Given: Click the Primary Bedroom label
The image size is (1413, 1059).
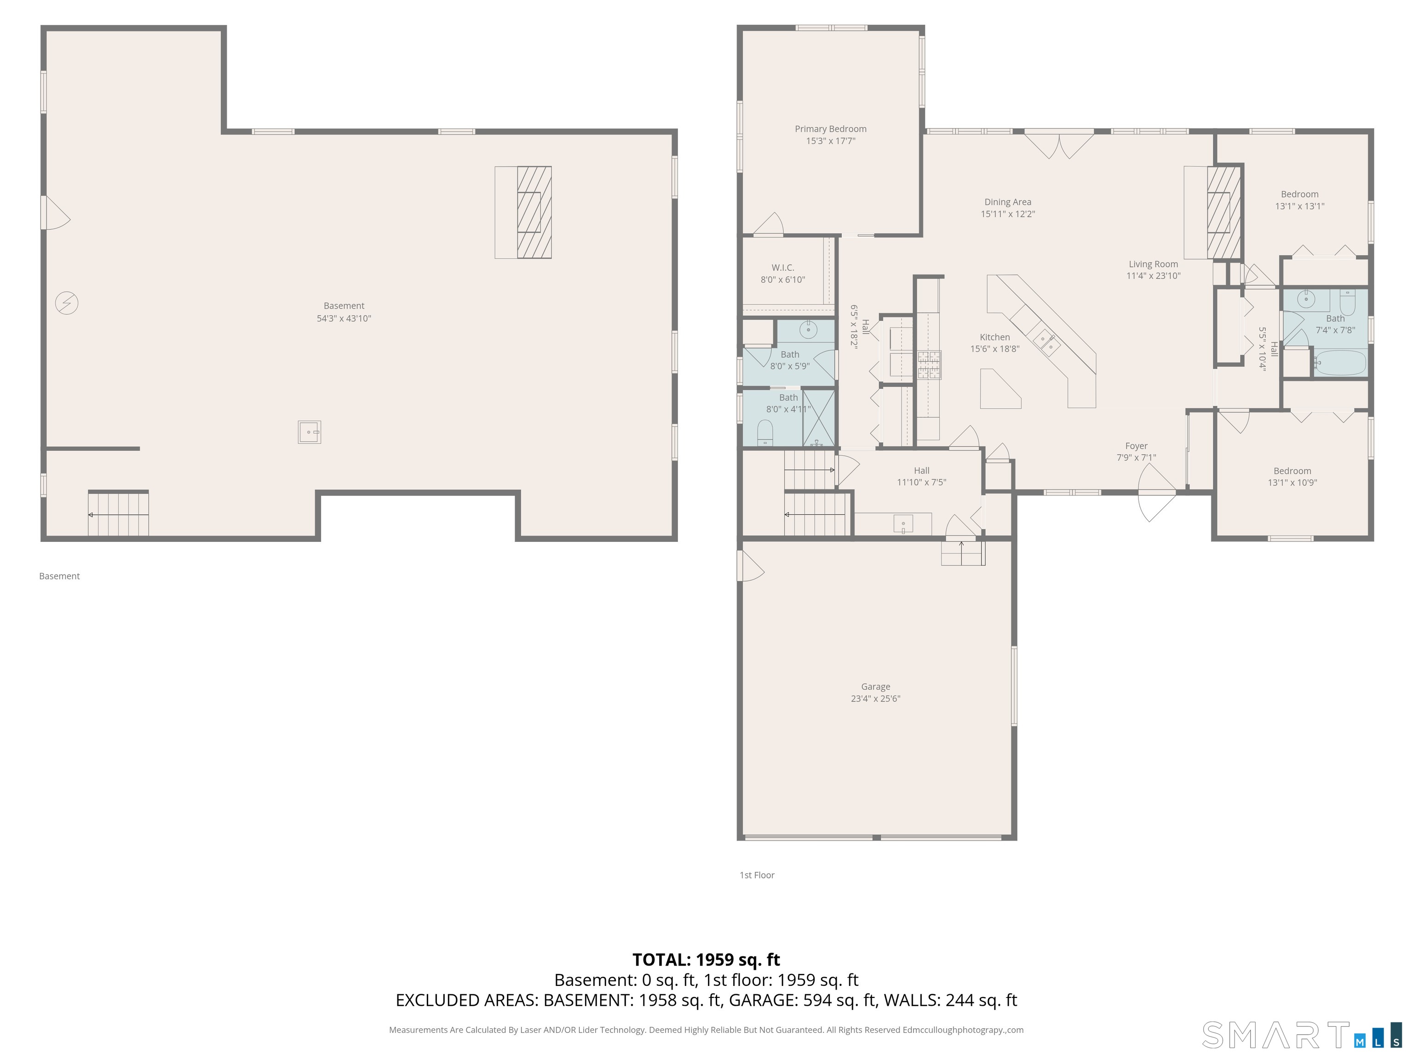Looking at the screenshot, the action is pos(830,129).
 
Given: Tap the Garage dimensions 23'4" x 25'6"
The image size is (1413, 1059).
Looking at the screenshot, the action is pos(875,698).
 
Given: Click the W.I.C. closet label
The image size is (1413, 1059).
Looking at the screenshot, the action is pos(782,268).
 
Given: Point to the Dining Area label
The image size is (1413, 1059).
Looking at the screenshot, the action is pos(1007,202).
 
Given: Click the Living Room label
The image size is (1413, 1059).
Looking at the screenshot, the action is pos(1153,264).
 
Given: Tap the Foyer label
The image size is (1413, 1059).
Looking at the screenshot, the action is pos(1137,445).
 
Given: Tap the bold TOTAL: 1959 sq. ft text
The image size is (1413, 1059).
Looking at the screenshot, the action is pos(706,959).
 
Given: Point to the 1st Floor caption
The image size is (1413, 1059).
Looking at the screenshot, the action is pos(757,875).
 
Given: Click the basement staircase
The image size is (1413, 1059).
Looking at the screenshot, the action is pos(118,513).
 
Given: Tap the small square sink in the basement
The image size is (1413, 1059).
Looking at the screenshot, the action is pos(309,432).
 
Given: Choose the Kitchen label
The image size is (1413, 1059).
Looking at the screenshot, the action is pos(994,337).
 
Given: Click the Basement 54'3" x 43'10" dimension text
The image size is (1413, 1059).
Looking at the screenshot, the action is pos(344,319).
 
